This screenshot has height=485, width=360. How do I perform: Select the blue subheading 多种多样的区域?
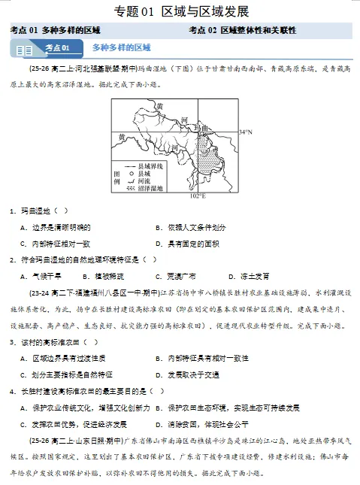pos(122,48)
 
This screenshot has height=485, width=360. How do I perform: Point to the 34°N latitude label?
pos(245,132)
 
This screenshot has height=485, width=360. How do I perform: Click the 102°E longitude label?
pos(197,196)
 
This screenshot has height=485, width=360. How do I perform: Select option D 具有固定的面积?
pos(187,244)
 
